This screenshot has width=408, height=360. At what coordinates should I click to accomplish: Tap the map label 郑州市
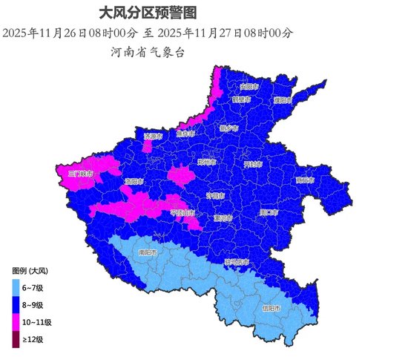point(208,162)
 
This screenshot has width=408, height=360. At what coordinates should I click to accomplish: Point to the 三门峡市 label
point(80,174)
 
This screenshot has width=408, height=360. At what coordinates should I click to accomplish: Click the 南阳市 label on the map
point(148,252)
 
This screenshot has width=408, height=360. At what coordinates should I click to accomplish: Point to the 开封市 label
point(254,164)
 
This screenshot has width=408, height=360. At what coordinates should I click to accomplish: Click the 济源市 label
point(153,137)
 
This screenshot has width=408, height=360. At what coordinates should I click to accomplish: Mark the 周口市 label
point(268,213)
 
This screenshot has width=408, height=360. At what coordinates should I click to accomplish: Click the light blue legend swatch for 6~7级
point(18,287)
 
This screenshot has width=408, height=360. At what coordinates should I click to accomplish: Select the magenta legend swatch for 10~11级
point(18,322)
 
